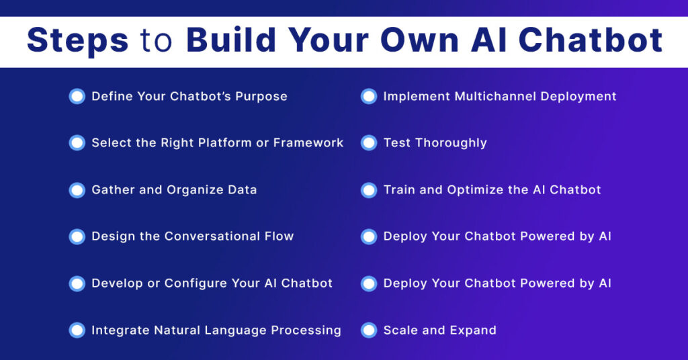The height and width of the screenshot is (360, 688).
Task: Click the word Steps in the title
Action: tap(77, 41)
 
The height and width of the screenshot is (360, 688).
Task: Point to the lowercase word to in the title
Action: tap(157, 41)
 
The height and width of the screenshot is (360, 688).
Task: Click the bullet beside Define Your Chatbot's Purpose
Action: tap(77, 96)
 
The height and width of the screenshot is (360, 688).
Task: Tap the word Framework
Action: tap(308, 142)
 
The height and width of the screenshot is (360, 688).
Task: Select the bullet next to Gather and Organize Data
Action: tap(77, 189)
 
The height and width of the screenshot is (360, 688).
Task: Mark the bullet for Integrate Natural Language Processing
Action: tap(77, 330)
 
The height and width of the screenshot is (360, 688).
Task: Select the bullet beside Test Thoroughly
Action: tap(369, 142)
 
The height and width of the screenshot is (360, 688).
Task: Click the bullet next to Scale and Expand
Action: tap(369, 330)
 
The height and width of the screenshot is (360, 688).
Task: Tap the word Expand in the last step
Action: tap(473, 330)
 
